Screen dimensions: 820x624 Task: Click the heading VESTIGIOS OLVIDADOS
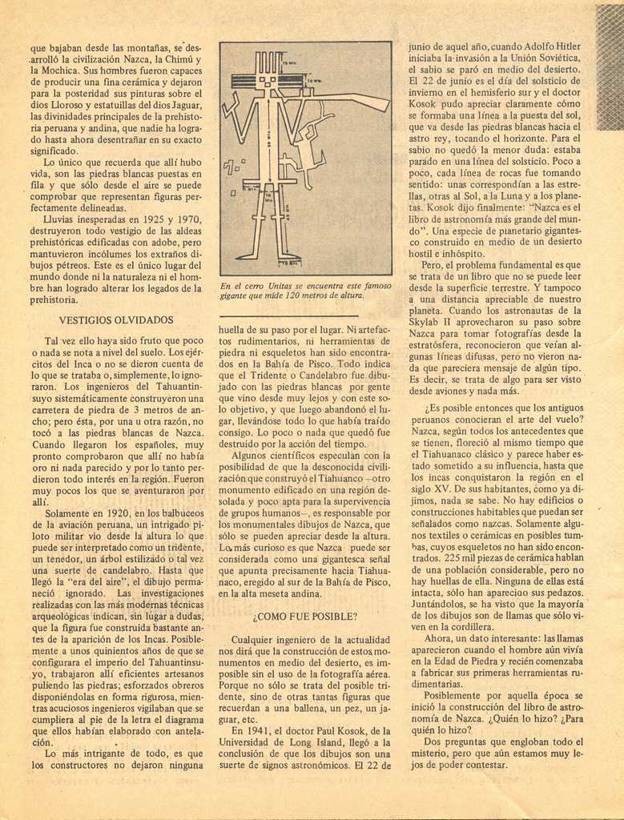coord(116,320)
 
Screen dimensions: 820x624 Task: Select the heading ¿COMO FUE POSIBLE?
coord(304,617)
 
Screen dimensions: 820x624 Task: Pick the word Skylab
coord(425,323)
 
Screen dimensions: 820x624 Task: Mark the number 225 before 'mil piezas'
coord(453,558)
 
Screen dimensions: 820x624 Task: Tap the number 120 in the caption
coord(296,295)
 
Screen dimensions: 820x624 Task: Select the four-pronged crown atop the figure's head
coord(268,62)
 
